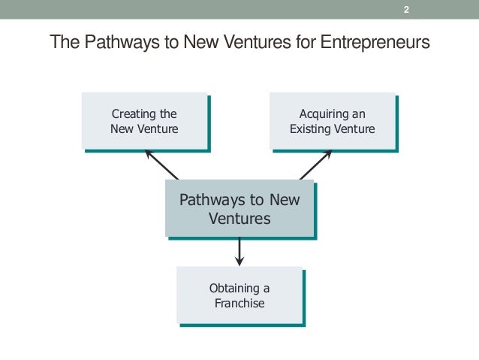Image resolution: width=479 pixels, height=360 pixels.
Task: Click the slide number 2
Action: (x=406, y=10)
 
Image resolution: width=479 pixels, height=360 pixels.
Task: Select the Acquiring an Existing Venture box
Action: (x=331, y=121)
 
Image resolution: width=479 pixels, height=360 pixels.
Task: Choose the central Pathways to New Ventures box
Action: (x=239, y=210)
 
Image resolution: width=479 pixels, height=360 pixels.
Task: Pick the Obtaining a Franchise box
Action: (x=239, y=295)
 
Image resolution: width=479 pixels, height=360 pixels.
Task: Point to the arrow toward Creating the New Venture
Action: (x=161, y=165)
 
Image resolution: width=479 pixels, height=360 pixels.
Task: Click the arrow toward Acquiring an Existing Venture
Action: (x=315, y=165)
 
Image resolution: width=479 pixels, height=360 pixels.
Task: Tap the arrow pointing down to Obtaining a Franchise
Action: (x=239, y=251)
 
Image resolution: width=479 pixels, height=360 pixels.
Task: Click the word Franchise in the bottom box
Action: (x=239, y=304)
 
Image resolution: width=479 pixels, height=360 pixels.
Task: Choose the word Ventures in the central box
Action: (x=239, y=219)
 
